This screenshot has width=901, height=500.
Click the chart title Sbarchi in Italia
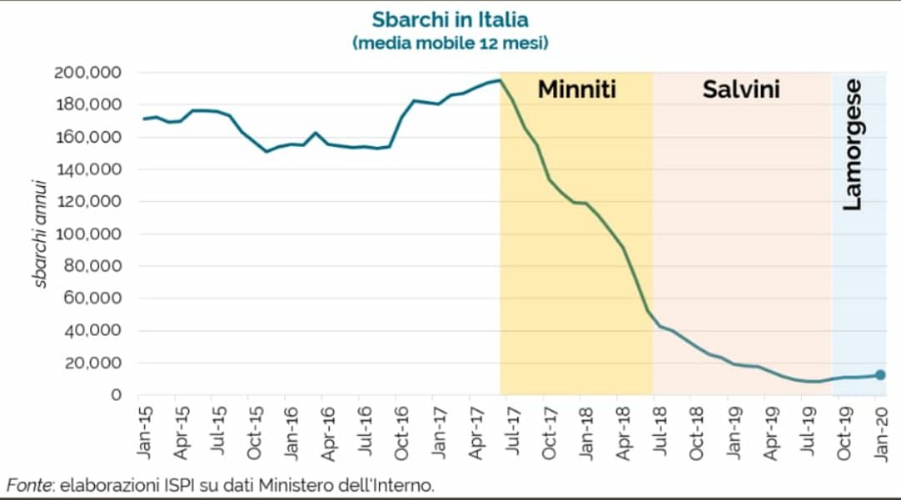coord(450,19)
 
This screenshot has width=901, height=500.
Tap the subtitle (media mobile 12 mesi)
coord(450,42)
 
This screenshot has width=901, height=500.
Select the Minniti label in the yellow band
coord(576,89)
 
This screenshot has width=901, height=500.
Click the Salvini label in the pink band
coord(741,89)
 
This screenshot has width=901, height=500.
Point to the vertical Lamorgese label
coord(852,144)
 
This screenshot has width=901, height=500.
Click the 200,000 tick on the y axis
coord(88,73)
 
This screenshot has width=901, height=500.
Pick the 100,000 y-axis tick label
coord(88,234)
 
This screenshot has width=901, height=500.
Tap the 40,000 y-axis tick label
coord(92,331)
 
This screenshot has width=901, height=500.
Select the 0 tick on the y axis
coord(117,395)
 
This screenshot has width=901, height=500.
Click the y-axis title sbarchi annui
coord(40,226)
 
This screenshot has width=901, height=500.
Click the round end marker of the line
coord(880,375)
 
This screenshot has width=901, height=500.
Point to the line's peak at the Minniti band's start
coord(499,80)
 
